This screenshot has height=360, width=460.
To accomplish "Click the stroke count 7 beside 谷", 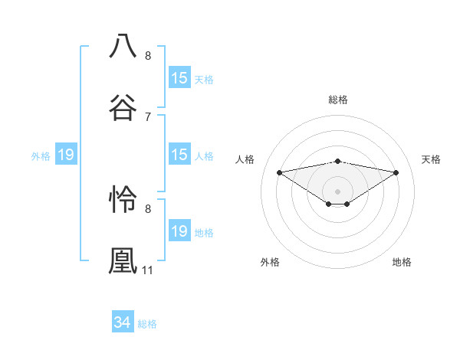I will click(148, 116).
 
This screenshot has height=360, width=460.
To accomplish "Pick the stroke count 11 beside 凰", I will click(148, 270).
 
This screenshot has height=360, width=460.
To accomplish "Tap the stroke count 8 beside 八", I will click(148, 55).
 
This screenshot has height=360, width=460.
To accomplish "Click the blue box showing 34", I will click(122, 323).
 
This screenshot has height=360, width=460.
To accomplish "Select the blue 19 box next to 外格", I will click(65, 155).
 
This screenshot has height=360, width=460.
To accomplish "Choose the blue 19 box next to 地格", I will click(179, 231).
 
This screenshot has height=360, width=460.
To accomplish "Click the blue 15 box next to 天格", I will click(179, 78).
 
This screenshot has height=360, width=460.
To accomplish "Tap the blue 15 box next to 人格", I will click(179, 155).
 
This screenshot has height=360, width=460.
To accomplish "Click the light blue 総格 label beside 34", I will click(147, 324).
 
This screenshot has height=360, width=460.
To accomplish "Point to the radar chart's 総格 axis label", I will click(338, 100).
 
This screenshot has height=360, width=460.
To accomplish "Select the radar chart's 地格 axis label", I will click(402, 262).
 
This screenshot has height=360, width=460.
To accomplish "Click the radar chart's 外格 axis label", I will click(270, 262).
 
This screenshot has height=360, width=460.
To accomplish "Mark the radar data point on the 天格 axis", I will click(396, 172).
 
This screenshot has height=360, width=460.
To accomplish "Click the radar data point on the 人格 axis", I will click(280, 172).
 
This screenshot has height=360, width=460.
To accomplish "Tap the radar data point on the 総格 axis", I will click(338, 161).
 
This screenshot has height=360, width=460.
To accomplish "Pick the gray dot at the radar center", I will click(338, 191).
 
